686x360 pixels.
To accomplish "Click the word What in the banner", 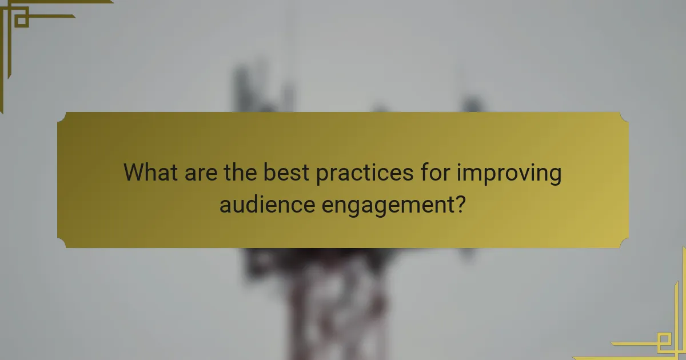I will click(x=151, y=173).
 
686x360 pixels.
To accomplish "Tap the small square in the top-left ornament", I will click(x=21, y=20).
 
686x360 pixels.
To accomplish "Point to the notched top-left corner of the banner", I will click(x=61, y=116).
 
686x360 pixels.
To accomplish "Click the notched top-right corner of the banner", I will click(x=624, y=116).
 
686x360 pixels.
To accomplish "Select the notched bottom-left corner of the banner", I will click(x=61, y=244).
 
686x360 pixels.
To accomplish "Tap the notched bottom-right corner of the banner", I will click(x=624, y=244).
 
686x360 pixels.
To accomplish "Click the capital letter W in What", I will click(x=135, y=173).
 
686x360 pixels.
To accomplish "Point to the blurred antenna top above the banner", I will click(x=257, y=86).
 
